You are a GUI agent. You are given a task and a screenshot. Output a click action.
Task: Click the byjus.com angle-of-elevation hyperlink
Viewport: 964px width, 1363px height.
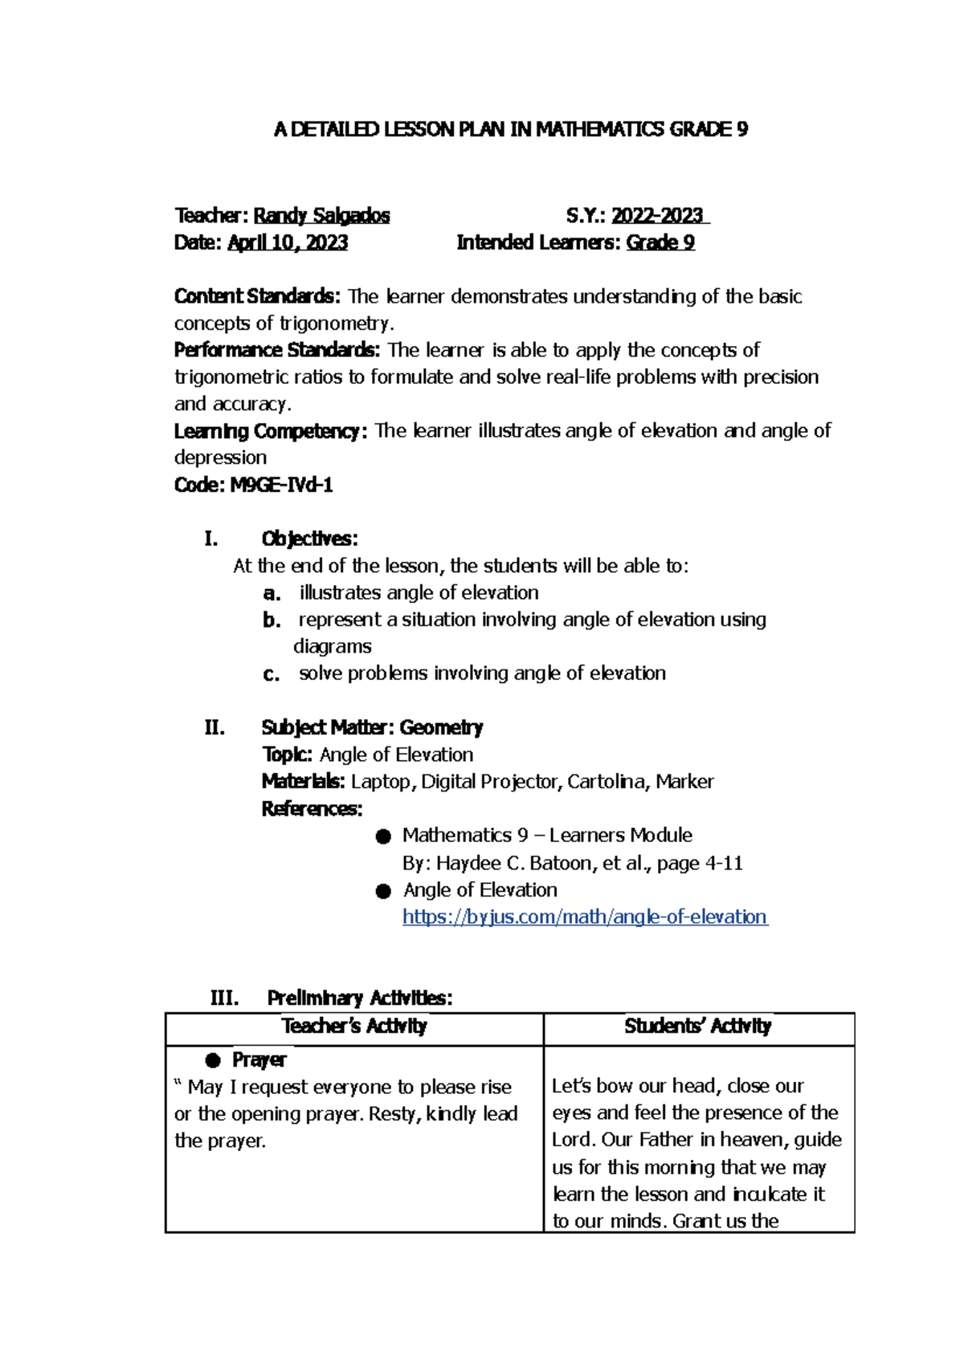tap(584, 917)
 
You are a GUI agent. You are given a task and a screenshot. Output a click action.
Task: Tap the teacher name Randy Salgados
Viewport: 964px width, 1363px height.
tap(321, 216)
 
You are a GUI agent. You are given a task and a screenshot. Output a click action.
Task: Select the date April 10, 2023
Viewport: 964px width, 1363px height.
tap(288, 242)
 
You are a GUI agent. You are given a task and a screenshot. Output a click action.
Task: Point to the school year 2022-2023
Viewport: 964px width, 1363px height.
tap(657, 216)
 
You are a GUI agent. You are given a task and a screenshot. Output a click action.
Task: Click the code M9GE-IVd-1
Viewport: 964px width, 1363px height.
tap(281, 485)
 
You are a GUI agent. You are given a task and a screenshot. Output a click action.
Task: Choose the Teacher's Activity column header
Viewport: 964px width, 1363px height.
tap(354, 1026)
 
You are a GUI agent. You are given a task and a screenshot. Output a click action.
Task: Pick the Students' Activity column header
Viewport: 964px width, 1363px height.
tap(697, 1026)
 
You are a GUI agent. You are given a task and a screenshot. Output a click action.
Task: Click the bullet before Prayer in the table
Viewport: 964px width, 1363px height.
tap(213, 1060)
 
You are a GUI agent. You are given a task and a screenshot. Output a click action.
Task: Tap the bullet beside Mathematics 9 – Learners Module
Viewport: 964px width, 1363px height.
tap(383, 836)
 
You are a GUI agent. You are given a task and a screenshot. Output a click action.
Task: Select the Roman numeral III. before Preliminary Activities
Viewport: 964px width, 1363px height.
tap(224, 998)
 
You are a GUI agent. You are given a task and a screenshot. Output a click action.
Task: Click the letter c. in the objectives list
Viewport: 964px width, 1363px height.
tap(272, 674)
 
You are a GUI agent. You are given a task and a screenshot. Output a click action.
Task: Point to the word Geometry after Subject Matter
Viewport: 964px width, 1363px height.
tap(441, 727)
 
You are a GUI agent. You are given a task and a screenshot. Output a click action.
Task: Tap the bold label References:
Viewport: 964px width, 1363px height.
tap(312, 808)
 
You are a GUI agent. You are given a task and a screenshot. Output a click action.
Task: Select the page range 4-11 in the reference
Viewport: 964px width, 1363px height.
tap(723, 863)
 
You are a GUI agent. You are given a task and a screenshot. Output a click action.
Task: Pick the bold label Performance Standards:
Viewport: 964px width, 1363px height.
tap(277, 350)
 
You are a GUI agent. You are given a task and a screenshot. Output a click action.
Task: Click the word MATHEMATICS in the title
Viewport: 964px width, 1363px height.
tap(599, 129)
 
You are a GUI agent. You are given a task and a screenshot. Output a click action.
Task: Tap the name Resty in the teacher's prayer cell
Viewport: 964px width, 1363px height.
tap(393, 1113)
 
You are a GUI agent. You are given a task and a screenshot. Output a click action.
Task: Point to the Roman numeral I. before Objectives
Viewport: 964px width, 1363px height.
tap(211, 539)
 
